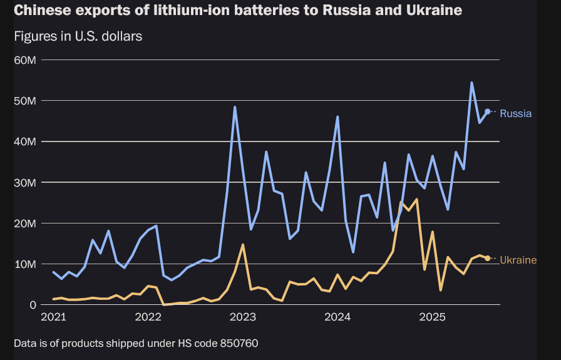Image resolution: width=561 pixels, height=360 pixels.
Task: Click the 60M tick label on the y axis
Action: click(26, 60)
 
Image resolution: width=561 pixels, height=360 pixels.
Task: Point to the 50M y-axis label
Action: click(26, 101)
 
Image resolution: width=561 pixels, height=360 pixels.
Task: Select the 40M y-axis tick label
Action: click(26, 141)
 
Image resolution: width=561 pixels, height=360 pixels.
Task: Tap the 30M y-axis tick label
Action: click(26, 182)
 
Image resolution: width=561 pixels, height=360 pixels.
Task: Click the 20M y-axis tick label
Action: click(26, 224)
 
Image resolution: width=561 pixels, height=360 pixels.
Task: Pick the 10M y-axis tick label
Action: click(26, 264)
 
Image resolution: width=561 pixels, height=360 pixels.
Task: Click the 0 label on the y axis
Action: click(33, 305)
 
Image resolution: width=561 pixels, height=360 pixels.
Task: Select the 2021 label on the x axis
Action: click(53, 317)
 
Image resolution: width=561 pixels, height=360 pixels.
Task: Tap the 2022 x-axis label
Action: click(148, 317)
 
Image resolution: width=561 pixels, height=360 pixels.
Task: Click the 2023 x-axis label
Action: click(243, 317)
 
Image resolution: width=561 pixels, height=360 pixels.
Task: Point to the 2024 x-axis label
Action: click(338, 317)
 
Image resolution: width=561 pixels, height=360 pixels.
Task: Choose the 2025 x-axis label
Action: click(433, 317)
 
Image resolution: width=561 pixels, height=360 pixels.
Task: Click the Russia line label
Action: click(515, 114)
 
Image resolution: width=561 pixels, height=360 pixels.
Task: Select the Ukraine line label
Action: click(518, 260)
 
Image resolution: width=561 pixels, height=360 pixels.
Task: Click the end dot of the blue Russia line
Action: click(487, 111)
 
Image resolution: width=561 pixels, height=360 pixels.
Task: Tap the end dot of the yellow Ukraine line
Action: click(487, 258)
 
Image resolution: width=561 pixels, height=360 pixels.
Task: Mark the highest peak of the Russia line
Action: click(471, 83)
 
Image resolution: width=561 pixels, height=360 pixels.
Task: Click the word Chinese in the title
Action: click(39, 11)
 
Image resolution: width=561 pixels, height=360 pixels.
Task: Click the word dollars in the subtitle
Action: click(120, 36)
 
